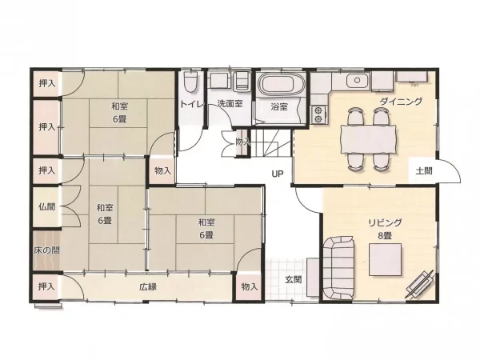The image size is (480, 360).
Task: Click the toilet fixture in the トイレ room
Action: [x=191, y=82]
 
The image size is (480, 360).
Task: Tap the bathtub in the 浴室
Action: [x=282, y=83]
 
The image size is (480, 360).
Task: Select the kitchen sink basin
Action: [x=358, y=81]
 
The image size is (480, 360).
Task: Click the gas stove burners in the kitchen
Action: [x=318, y=114]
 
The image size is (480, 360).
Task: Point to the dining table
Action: [x=368, y=139]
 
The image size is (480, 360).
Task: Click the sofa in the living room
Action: [x=338, y=268]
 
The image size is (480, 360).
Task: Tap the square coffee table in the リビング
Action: [x=385, y=259]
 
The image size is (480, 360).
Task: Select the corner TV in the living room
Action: [x=420, y=284]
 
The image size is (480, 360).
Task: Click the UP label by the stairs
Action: [x=278, y=174]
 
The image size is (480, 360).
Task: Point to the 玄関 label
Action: [x=294, y=279]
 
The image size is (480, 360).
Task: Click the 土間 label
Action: [x=424, y=171]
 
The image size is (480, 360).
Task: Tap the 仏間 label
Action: [x=47, y=206]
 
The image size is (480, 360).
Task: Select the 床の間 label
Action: [x=46, y=250]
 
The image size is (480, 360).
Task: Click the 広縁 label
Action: [x=148, y=287]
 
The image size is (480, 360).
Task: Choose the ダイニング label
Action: [x=401, y=101]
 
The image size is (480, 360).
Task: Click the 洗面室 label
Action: [x=230, y=103]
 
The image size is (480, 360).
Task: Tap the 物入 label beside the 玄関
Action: [x=250, y=287]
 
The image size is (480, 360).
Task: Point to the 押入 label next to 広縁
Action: [x=46, y=286]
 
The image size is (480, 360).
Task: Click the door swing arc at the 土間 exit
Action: [x=454, y=168]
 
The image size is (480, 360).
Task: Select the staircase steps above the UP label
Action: [x=270, y=142]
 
